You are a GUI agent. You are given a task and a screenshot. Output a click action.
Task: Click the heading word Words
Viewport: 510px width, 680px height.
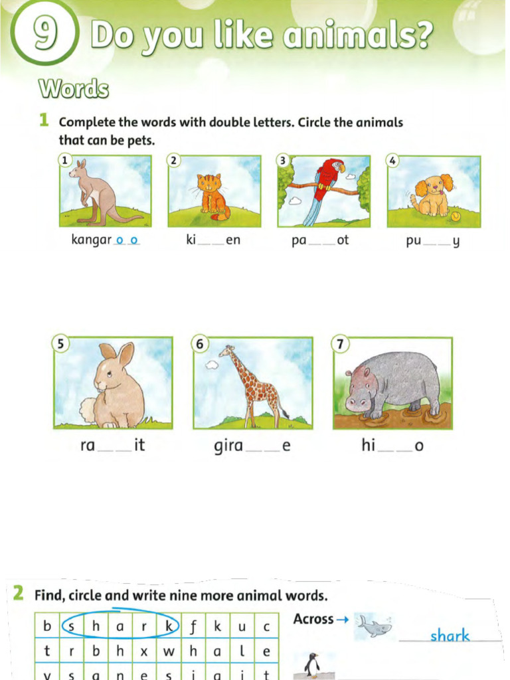point(73,89)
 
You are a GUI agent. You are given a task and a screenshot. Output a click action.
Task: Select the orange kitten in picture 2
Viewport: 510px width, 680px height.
point(211,193)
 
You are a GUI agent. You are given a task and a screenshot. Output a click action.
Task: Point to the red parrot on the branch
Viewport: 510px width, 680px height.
point(327,178)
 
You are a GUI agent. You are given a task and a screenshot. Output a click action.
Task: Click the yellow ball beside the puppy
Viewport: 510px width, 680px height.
point(456,216)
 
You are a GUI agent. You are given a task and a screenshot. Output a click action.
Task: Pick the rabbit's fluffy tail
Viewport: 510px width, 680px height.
point(88,410)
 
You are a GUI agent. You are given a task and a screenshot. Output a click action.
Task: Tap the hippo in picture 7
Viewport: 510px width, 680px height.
point(394,385)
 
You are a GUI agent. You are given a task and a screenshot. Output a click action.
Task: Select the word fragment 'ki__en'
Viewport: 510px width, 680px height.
point(213,240)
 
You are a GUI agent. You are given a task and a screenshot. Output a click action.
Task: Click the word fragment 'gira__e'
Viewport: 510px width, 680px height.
point(252,446)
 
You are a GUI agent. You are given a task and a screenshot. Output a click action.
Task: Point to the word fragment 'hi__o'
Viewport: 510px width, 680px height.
point(392,446)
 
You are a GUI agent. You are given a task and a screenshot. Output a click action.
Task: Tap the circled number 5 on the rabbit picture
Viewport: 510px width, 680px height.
point(61,344)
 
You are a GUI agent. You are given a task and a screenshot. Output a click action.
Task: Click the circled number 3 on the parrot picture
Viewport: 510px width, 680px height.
point(283,160)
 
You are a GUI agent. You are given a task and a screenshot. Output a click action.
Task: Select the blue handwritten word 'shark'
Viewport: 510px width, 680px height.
point(450,636)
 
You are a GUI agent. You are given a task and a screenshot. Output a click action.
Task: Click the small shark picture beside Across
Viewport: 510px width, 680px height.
point(374,626)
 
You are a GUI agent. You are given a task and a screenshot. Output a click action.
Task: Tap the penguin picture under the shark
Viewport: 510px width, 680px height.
point(311,665)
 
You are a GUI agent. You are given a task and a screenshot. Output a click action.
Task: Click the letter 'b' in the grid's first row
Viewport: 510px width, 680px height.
point(46,626)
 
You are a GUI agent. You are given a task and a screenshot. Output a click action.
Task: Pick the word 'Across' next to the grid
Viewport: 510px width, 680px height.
point(313,619)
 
